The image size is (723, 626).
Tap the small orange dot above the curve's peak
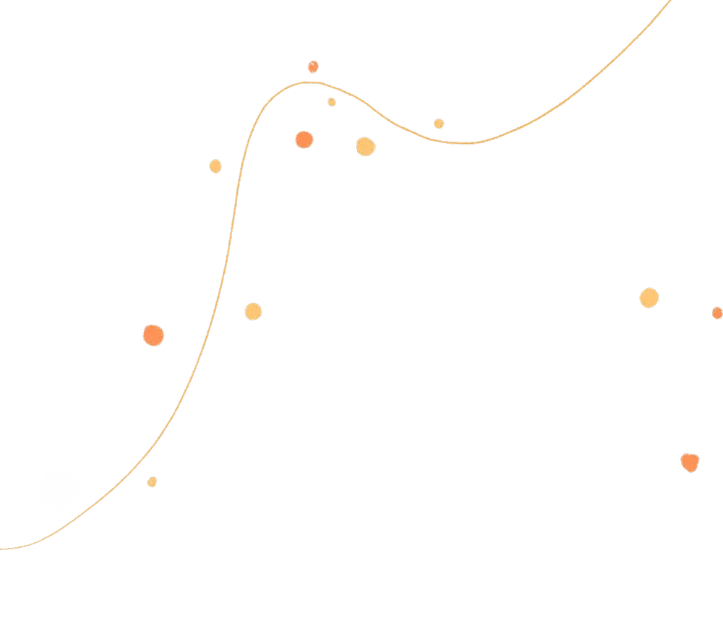(312, 67)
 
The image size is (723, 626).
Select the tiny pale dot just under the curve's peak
(331, 102)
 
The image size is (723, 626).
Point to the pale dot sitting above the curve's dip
(439, 124)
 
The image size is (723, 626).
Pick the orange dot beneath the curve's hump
(304, 140)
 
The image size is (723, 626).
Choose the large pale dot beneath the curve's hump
(365, 147)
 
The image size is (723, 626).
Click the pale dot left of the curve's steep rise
(215, 166)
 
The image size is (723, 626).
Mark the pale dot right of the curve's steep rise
(252, 312)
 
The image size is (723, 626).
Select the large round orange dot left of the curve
(153, 335)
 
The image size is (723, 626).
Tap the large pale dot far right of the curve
(649, 298)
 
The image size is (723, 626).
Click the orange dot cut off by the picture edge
(717, 313)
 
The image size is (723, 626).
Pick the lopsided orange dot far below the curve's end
(690, 461)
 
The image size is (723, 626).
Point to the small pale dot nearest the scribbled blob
(152, 481)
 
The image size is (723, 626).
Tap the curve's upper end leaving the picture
(669, 3)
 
